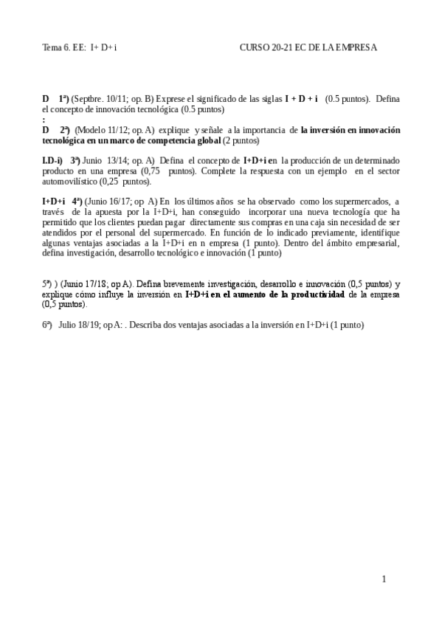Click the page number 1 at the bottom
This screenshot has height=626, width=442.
[x=384, y=579]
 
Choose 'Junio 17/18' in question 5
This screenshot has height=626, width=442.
[x=83, y=283]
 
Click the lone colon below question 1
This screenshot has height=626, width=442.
[x=44, y=119]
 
